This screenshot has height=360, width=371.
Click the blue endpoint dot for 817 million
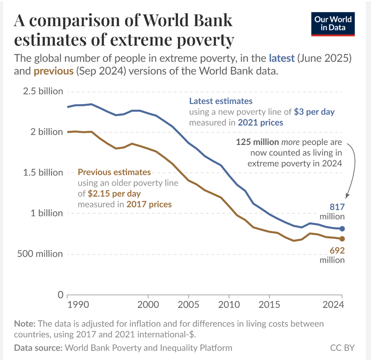click(342, 228)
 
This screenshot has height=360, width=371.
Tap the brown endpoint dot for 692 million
click(342, 239)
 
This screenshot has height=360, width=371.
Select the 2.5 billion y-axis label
click(42, 91)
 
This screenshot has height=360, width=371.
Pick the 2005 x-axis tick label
click(188, 305)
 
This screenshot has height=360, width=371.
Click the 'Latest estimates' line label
click(221, 101)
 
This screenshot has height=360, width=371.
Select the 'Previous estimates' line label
click(114, 173)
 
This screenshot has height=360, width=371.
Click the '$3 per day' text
click(314, 112)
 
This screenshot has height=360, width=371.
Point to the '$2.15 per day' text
click(114, 194)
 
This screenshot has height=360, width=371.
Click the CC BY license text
click(342, 348)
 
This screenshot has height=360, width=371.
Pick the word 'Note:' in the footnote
click(24, 324)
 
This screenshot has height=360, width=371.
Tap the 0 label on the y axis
click(60, 295)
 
